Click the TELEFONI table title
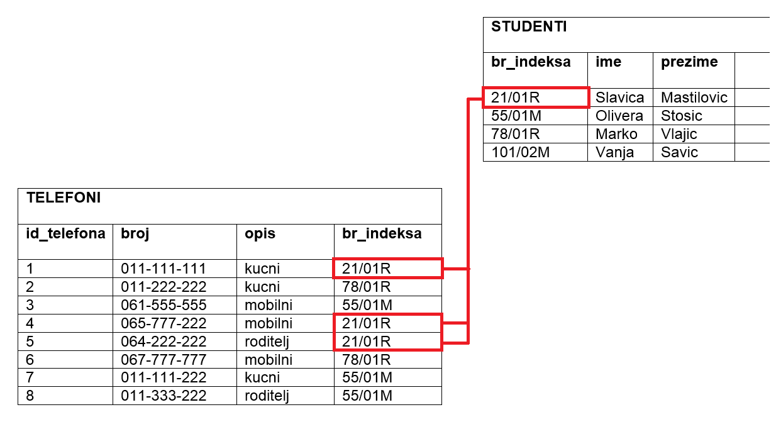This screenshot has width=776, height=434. [x=64, y=198]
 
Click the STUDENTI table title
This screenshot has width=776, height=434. [x=529, y=26]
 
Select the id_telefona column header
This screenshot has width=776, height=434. [x=65, y=233]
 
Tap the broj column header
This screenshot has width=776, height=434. [x=135, y=234]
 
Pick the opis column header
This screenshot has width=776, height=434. [x=260, y=235]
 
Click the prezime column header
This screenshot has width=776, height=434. [x=689, y=62]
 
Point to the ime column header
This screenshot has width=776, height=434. [x=608, y=62]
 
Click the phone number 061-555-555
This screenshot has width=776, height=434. [x=164, y=305]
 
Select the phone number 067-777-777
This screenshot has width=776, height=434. [x=164, y=360]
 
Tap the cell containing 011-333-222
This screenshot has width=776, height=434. [x=164, y=396]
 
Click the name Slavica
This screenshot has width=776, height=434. [x=620, y=97]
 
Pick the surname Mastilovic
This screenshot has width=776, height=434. [x=694, y=97]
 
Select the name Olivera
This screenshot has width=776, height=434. [x=619, y=116]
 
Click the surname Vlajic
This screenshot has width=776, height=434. [x=679, y=135]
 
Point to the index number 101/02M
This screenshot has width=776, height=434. [x=520, y=152]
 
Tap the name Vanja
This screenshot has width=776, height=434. [x=615, y=153]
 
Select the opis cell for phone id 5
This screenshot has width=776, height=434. [x=267, y=342]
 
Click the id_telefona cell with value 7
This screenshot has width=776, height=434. [x=30, y=377]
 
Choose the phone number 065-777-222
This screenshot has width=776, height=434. [x=164, y=323]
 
